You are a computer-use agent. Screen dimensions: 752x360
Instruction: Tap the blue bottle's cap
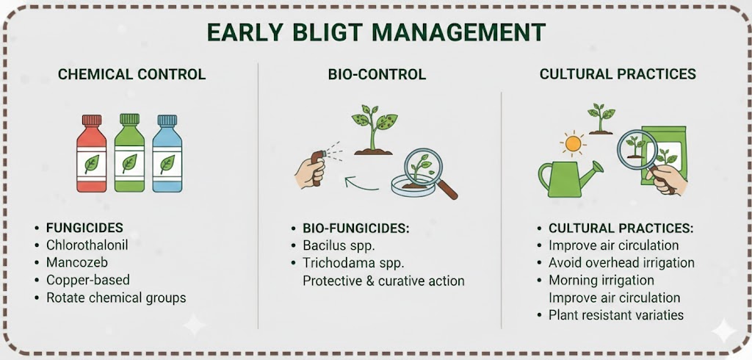[x=167, y=120]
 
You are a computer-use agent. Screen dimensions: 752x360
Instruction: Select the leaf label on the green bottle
[x=129, y=164]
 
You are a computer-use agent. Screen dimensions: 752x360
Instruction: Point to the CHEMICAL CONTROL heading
[x=132, y=74]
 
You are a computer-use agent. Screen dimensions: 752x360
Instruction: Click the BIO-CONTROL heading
[x=377, y=74]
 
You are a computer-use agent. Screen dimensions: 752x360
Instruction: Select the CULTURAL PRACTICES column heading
[x=618, y=74]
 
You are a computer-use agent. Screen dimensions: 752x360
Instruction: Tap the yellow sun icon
[x=573, y=143]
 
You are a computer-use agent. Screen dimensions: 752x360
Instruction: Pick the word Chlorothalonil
[x=87, y=245]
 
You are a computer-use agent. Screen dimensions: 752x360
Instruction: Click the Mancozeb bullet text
[x=76, y=262]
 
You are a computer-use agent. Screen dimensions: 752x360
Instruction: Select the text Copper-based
[x=88, y=280]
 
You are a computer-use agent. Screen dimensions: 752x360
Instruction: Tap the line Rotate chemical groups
[x=116, y=298]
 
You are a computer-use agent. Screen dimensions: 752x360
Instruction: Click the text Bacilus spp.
[x=339, y=245]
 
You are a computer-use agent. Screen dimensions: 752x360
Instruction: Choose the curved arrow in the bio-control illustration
[x=360, y=184]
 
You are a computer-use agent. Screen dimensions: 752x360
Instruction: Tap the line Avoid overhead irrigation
[x=621, y=263]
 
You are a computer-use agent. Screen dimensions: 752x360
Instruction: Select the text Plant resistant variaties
[x=616, y=315]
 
